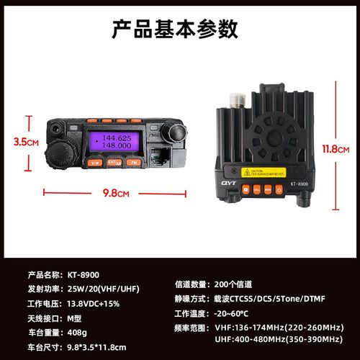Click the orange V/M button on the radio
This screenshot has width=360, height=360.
pyautogui.click(x=94, y=163)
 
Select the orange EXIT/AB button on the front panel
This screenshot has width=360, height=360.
pyautogui.click(x=114, y=163)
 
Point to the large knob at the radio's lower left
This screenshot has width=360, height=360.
pyautogui.click(x=60, y=153)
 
